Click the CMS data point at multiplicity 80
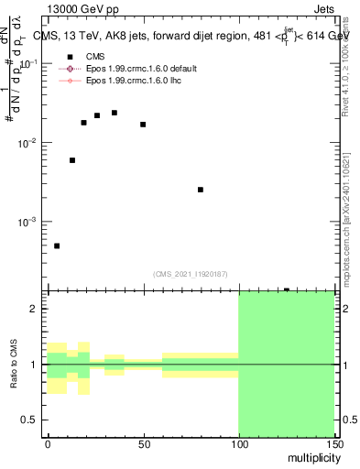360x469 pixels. point(200,190)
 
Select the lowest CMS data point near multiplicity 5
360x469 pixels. point(57,245)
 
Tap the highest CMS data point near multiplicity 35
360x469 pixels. point(114,113)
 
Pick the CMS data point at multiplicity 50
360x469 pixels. point(143,124)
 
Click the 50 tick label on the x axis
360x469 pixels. point(143,443)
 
